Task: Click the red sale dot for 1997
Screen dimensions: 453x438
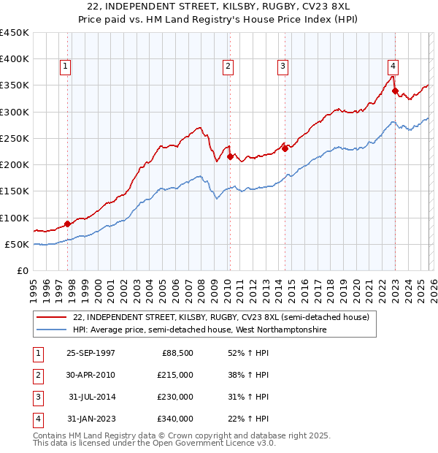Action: coord(68,224)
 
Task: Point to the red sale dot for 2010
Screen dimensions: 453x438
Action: coord(230,156)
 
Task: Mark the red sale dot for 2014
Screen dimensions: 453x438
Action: coord(285,148)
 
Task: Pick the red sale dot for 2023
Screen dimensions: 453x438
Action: coord(395,91)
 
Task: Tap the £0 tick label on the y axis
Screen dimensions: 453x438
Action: coord(23,270)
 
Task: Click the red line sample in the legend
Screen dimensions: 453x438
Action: coord(52,317)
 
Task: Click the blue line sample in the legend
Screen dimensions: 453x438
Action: coord(52,330)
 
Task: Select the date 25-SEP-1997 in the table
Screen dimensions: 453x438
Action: coord(91,353)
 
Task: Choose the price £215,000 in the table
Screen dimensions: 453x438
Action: coord(175,375)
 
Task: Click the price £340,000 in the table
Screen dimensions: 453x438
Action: coord(175,419)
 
